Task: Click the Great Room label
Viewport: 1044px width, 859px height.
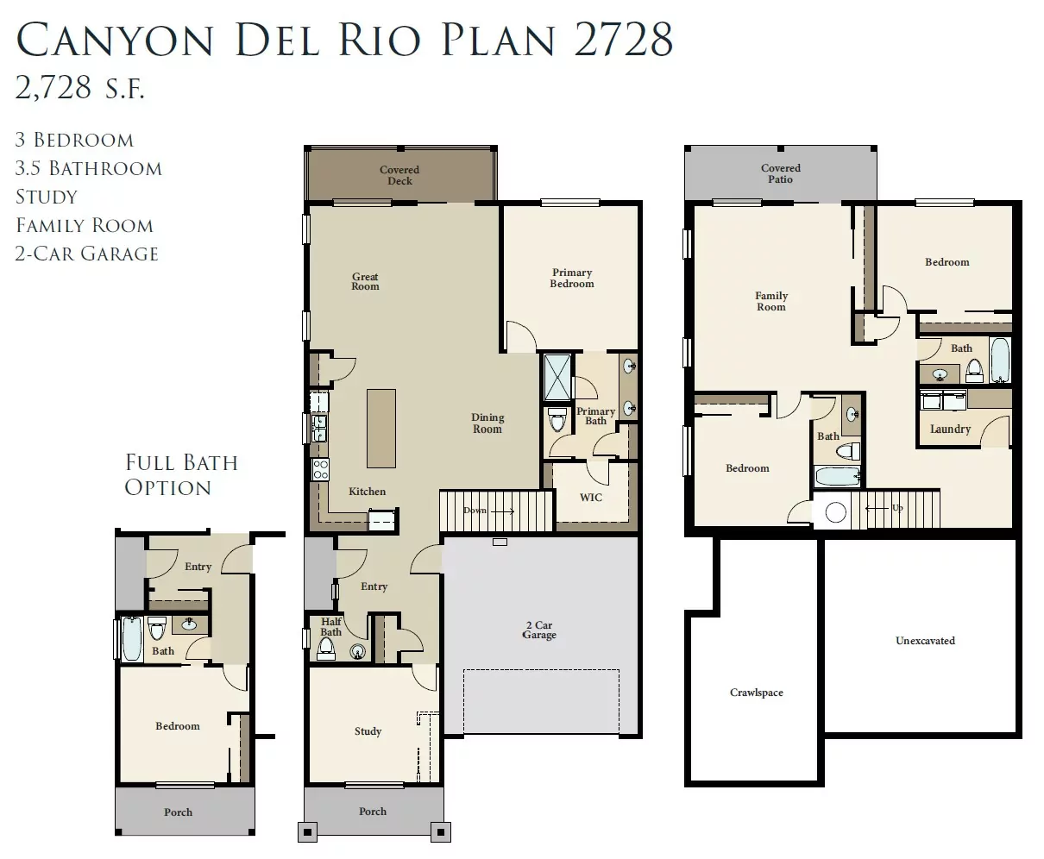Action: pos(365,281)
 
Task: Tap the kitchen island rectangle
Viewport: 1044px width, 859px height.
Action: pos(381,428)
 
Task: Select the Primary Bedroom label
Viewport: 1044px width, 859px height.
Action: pos(572,278)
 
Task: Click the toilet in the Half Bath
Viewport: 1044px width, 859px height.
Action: pos(326,649)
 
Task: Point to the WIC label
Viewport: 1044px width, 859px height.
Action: pos(591,498)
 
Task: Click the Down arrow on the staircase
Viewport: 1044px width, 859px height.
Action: pos(503,511)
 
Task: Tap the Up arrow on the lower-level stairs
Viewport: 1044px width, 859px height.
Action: pos(877,508)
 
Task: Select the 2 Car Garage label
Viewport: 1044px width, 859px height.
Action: pos(539,630)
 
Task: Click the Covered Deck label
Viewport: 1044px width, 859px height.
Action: pos(399,175)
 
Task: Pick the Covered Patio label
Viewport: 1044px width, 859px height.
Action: pos(781,173)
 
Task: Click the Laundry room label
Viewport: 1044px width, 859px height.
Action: pos(950,429)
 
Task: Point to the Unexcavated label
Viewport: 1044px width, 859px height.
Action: pos(925,640)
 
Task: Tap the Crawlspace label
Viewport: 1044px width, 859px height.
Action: pos(757,693)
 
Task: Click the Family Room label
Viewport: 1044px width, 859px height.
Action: pos(771,301)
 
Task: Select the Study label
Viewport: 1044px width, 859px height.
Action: pos(368,731)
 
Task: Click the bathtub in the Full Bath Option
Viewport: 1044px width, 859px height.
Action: pos(132,638)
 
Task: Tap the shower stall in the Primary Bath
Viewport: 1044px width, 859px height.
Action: pos(557,377)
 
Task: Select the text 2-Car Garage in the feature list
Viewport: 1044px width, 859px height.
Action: pos(86,254)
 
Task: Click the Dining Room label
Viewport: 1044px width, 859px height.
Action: pos(487,423)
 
